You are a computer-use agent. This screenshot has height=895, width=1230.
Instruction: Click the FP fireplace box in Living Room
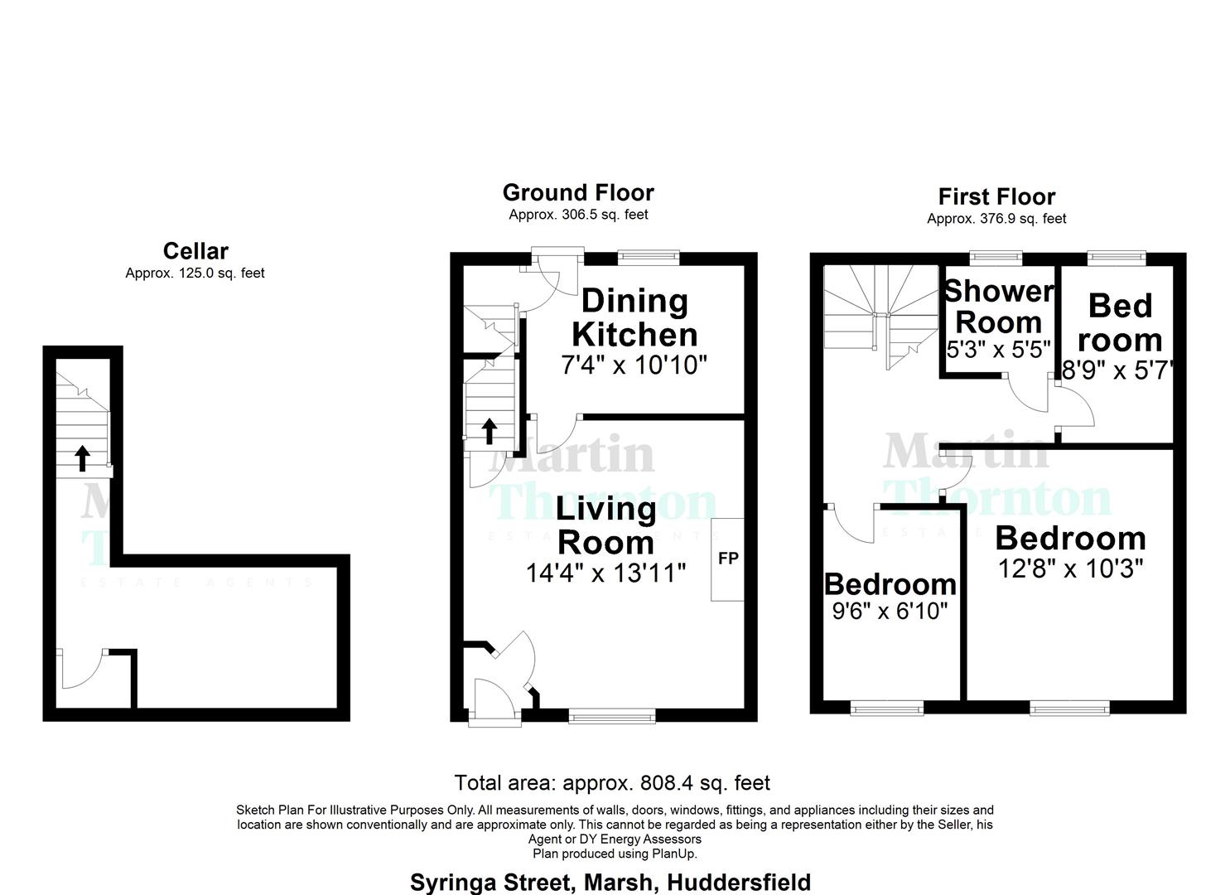point(727,559)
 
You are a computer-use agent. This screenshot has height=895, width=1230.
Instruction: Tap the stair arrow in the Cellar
point(83,457)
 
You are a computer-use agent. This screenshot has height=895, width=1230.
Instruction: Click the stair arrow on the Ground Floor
point(490,430)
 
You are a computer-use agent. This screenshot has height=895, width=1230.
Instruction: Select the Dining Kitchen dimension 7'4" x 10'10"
point(634,365)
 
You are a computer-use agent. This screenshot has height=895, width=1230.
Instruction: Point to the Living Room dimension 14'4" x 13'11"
point(605,573)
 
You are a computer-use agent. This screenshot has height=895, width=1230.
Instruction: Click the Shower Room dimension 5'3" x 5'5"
point(999,350)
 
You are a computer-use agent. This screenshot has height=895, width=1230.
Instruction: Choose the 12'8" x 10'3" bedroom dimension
point(1071,568)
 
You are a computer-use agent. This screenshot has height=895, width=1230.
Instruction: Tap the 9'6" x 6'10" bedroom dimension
point(890,612)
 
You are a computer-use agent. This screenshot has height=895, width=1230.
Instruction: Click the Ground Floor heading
point(578,193)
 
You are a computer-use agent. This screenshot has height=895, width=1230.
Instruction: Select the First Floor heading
point(996,197)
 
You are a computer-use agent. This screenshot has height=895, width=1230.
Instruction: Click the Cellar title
point(195,251)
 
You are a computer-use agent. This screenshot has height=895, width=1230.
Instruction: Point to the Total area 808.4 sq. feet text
point(612,783)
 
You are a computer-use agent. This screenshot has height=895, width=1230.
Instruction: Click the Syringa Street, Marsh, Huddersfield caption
point(610,883)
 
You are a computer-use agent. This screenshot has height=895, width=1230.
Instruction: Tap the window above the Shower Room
point(996,258)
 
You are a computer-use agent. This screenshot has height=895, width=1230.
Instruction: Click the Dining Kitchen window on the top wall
point(649,257)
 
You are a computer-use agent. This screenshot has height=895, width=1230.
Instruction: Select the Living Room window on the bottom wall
point(612,715)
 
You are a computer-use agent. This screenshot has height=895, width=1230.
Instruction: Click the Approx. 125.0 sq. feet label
point(195,273)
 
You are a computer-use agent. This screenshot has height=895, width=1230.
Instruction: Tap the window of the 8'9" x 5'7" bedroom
point(1117,258)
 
